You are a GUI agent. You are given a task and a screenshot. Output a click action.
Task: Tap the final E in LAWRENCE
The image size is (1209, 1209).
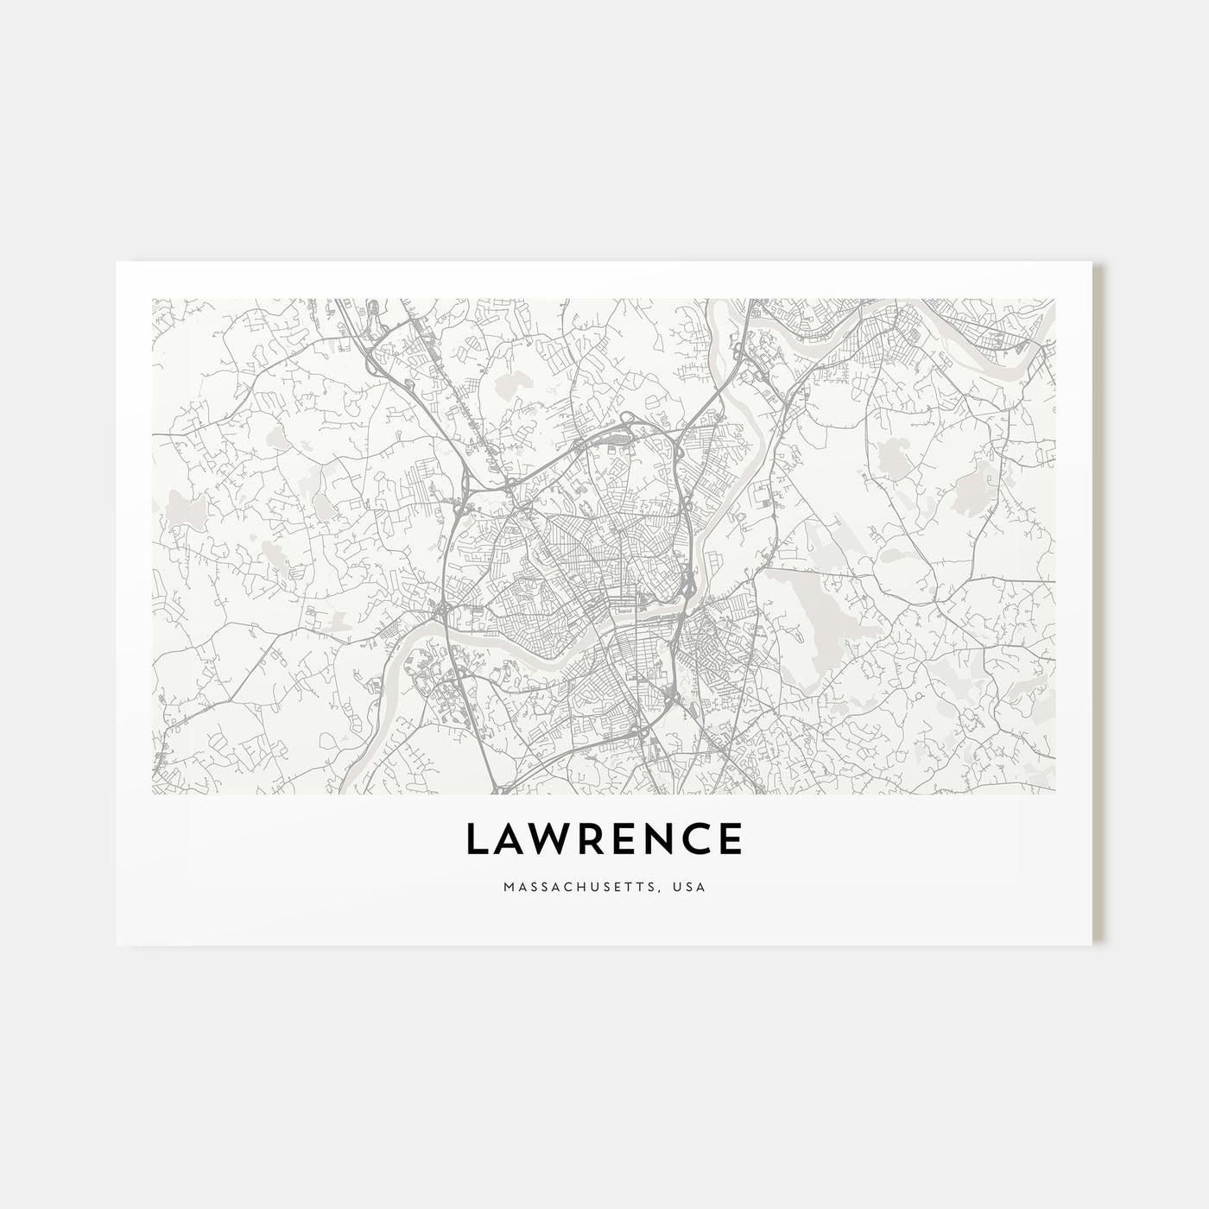click(731, 839)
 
